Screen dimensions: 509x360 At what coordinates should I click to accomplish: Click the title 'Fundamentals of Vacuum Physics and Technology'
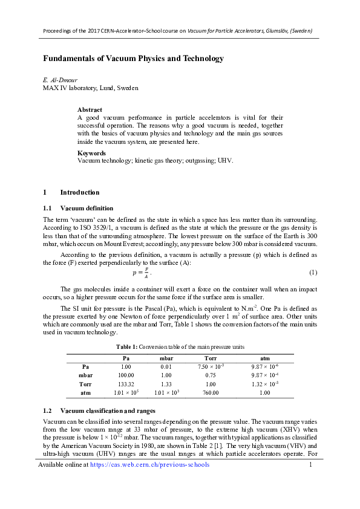133,59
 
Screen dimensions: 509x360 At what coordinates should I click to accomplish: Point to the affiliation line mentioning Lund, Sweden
90,88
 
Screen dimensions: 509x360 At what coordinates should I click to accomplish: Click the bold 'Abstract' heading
90,109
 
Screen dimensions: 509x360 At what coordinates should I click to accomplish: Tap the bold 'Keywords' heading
92,154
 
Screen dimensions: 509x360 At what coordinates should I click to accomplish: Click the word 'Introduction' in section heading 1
80,192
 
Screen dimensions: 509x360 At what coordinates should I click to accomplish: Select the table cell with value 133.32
126,384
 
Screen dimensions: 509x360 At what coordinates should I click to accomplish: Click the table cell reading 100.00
126,375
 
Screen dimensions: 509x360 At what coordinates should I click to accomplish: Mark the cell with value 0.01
166,366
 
